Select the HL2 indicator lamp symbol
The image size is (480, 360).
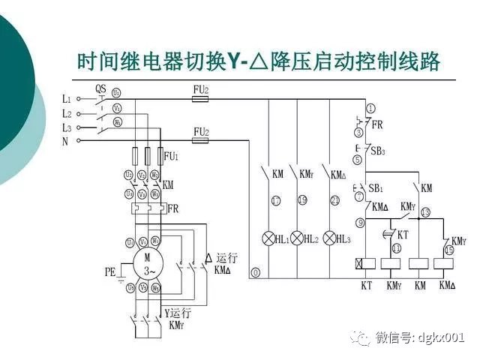pos(298,238)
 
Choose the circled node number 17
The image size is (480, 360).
pos(276,200)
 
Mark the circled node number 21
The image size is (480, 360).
pos(334,200)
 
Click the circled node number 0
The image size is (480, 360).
pos(256,272)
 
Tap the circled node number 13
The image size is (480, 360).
pos(425,213)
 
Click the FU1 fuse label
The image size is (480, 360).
pos(171,157)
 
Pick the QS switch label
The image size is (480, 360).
pos(102,88)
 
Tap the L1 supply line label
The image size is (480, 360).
pos(66,99)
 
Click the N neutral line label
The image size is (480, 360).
pos(65,141)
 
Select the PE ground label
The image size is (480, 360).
pos(111,273)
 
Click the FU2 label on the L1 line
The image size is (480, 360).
pos(201,89)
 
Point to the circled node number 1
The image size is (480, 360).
pos(370,107)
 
